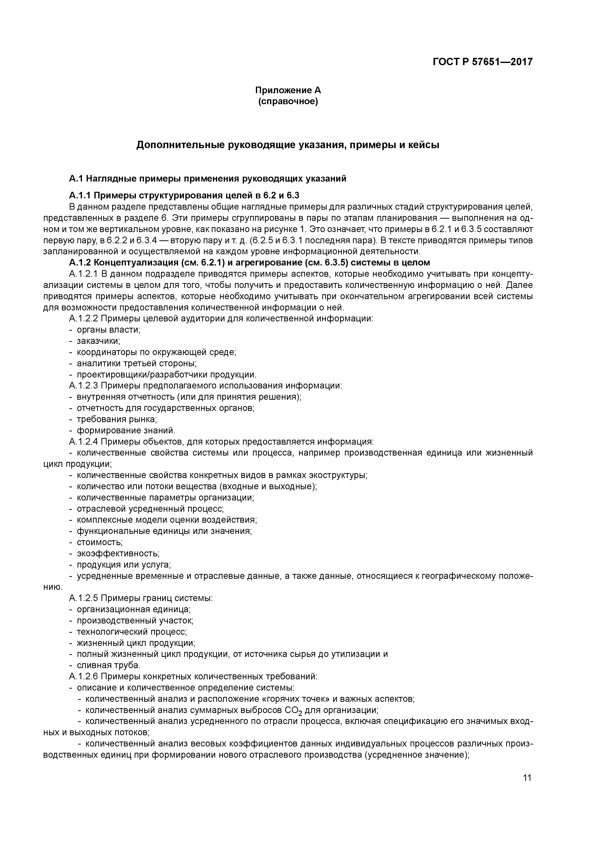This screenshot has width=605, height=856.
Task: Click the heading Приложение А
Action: click(x=288, y=90)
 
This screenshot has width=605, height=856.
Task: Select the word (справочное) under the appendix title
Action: click(x=288, y=102)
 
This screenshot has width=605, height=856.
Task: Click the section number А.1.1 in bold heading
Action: click(x=79, y=195)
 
